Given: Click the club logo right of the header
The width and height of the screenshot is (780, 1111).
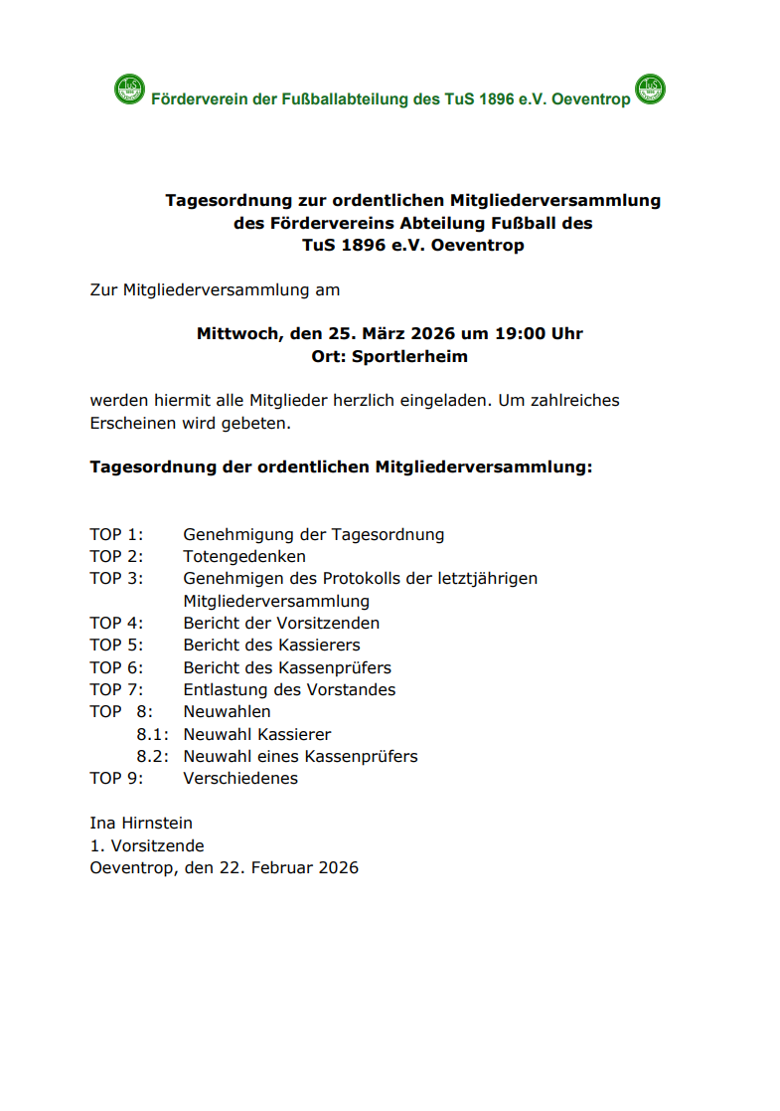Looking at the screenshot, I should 650,91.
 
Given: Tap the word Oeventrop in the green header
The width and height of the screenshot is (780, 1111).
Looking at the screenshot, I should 590,99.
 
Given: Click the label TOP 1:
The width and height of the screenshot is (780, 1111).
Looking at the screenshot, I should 116,534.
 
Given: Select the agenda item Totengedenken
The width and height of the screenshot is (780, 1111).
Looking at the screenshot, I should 244,556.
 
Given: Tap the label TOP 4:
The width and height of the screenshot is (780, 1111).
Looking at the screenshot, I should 116,623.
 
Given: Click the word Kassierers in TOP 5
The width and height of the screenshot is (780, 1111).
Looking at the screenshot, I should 319,646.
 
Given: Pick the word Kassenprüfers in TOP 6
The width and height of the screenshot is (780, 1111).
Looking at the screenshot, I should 336,667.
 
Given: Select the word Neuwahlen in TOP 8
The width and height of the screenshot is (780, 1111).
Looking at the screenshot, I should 227,711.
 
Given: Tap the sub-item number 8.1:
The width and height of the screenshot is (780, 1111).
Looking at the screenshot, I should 152,734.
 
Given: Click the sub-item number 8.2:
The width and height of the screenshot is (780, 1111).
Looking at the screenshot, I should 152,756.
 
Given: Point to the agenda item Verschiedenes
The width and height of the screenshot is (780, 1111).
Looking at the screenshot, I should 240,778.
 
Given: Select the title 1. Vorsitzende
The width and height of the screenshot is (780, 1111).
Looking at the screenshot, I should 147,845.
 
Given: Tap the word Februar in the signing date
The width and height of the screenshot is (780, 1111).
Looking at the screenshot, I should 284,867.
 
